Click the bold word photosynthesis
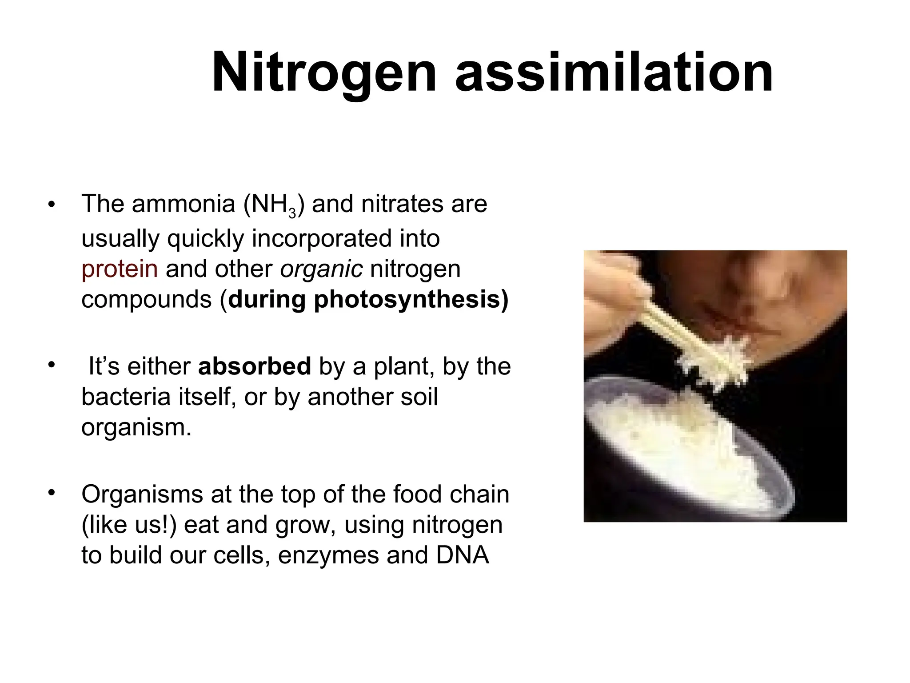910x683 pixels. click(407, 300)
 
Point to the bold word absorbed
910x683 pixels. click(254, 366)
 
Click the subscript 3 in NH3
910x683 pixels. click(292, 214)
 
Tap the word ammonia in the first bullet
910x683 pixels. click(183, 205)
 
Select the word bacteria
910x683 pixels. click(126, 397)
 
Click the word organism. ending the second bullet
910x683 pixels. click(136, 427)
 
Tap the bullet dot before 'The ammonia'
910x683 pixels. click(52, 205)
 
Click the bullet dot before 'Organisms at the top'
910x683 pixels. click(52, 493)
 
